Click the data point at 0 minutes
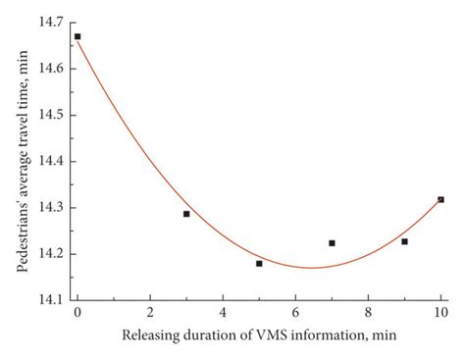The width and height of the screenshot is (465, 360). tap(77, 36)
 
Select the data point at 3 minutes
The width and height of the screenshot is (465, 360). tap(186, 214)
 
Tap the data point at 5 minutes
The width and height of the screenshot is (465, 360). tap(259, 263)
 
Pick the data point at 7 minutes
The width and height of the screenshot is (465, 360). tap(332, 242)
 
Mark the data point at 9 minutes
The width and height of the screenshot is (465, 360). tap(404, 241)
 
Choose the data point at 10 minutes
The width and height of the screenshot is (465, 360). tap(440, 199)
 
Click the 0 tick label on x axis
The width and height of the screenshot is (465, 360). tap(77, 313)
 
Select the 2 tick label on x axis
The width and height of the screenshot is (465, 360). tap(150, 313)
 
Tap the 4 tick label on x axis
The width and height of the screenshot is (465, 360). tap(223, 313)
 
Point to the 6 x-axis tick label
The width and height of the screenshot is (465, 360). tap(295, 313)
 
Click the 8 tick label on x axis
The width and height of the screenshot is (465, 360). tap(368, 313)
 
